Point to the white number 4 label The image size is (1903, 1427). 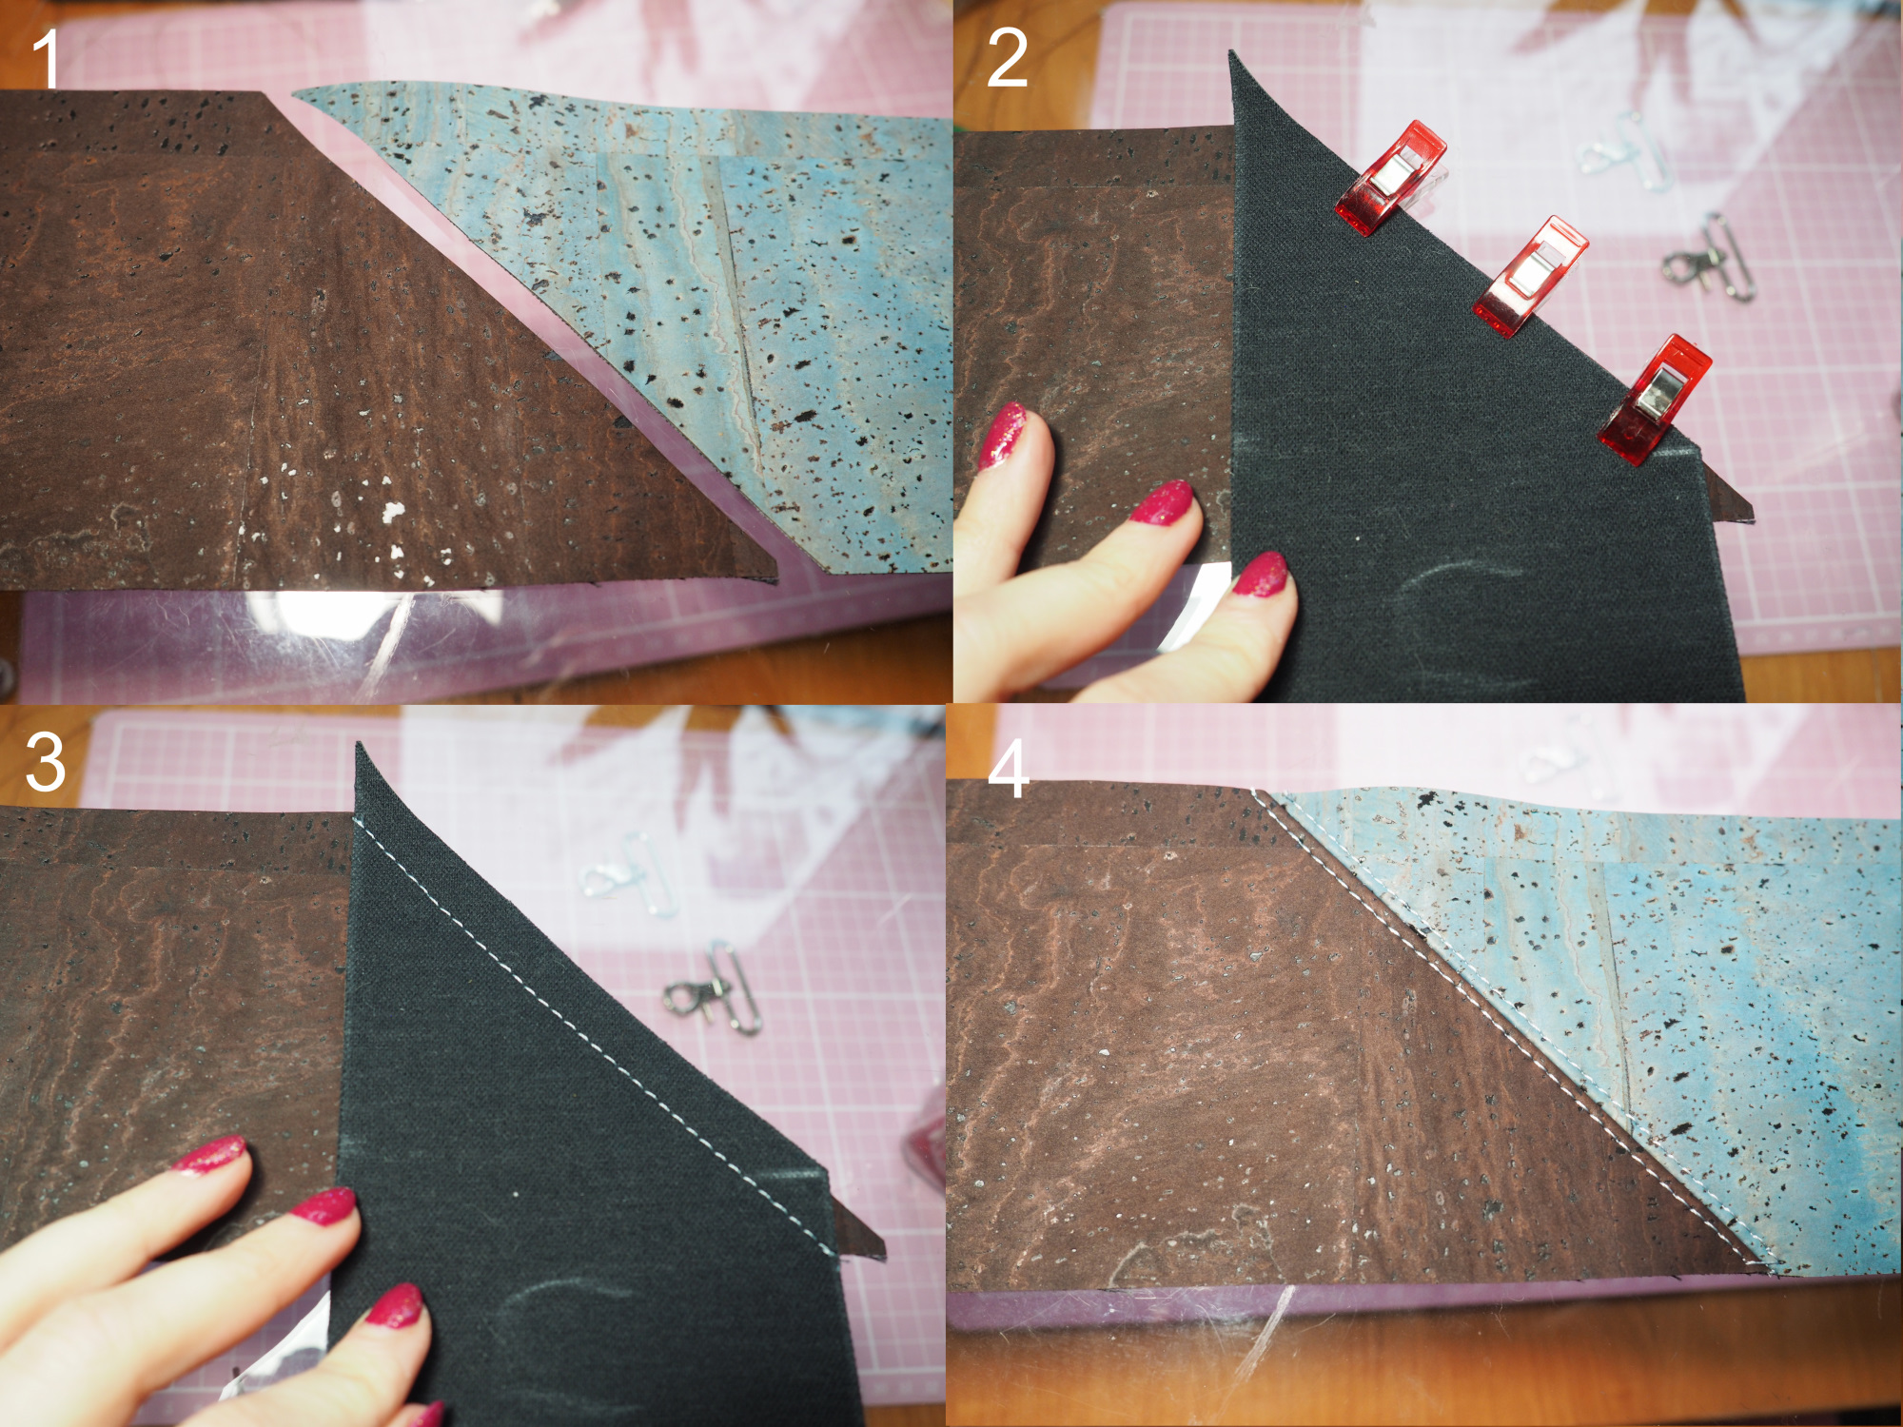pos(1009,768)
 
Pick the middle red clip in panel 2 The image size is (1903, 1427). pos(1530,275)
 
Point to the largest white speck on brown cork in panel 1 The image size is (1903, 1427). pos(392,513)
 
